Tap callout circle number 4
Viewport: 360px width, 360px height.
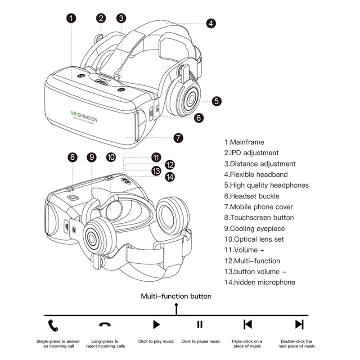(x=211, y=23)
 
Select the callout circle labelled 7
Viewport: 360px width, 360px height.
(x=179, y=138)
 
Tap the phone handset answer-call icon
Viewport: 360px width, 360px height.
(x=54, y=324)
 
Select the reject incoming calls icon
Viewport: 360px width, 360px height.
(x=105, y=324)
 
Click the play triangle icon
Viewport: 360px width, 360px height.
(x=156, y=324)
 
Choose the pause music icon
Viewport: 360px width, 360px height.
(x=200, y=324)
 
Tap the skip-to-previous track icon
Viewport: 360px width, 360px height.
(x=247, y=324)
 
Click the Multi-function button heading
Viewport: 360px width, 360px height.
(x=176, y=296)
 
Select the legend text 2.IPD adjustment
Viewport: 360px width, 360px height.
(x=252, y=153)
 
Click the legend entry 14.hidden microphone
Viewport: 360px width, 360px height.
(x=260, y=283)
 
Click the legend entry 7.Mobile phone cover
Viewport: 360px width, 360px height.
(x=259, y=207)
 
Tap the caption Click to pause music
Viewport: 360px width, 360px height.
(x=201, y=342)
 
